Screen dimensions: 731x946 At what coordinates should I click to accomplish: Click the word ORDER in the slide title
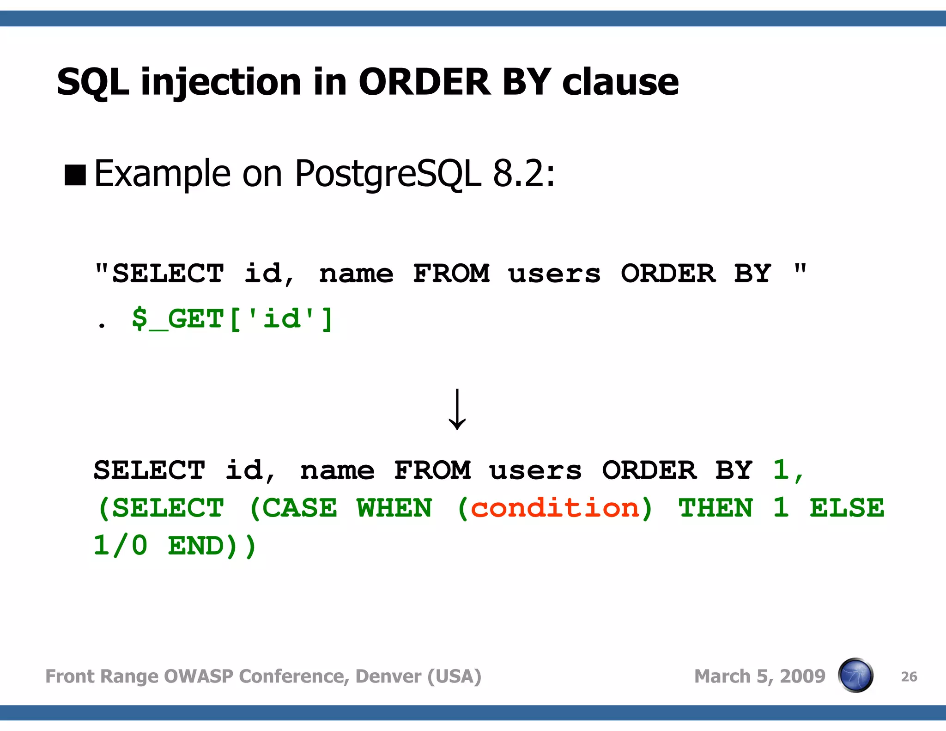click(x=424, y=82)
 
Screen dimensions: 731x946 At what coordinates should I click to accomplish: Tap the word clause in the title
click(x=620, y=82)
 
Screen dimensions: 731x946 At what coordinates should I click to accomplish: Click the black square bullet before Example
click(x=75, y=175)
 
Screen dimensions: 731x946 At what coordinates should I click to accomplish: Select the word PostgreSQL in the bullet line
click(x=388, y=174)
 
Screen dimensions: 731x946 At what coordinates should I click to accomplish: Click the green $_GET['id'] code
click(x=232, y=319)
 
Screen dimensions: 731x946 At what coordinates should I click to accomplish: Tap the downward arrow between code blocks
click(x=457, y=409)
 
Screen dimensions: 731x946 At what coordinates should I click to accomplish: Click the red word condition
click(x=555, y=508)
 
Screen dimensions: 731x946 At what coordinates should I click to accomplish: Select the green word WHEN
click(x=394, y=508)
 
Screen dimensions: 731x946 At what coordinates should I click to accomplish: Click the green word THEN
click(x=716, y=508)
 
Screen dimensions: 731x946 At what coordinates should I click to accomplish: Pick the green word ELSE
click(x=847, y=508)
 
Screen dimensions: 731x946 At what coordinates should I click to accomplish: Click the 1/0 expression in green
click(x=121, y=546)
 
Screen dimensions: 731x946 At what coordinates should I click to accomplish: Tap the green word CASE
click(x=300, y=508)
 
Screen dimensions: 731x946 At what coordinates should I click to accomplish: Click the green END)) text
click(x=212, y=546)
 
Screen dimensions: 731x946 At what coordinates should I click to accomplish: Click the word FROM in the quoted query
click(x=451, y=273)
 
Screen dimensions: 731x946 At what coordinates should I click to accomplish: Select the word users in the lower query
click(x=536, y=470)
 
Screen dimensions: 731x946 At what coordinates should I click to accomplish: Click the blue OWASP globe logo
click(x=855, y=676)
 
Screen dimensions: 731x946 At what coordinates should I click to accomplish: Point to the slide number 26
click(x=909, y=677)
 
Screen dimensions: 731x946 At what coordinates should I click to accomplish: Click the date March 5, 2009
click(x=759, y=676)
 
